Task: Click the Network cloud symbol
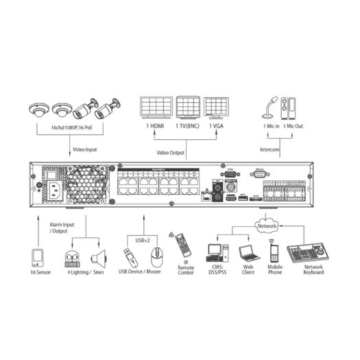267,226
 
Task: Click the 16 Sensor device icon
38,259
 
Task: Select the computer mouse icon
157,259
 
